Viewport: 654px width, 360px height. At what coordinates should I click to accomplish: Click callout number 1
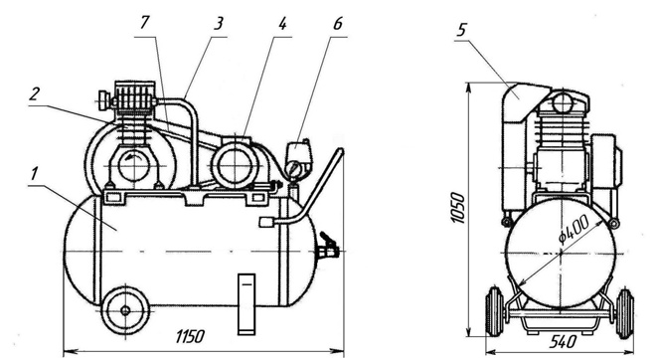[x=34, y=174]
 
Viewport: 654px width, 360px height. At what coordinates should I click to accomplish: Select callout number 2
[x=34, y=93]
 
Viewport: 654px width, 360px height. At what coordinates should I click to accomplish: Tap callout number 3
[x=219, y=24]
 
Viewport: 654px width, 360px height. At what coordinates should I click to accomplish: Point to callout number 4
[x=283, y=24]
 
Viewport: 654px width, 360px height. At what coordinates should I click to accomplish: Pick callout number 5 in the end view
[x=462, y=29]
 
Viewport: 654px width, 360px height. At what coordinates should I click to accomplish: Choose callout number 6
[x=337, y=24]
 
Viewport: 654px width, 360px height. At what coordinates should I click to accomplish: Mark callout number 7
[x=144, y=23]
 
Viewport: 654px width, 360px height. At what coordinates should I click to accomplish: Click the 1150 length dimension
[x=190, y=336]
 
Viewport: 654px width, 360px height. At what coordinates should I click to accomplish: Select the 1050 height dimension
[x=458, y=208]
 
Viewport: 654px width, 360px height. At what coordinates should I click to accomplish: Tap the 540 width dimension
[x=564, y=342]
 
